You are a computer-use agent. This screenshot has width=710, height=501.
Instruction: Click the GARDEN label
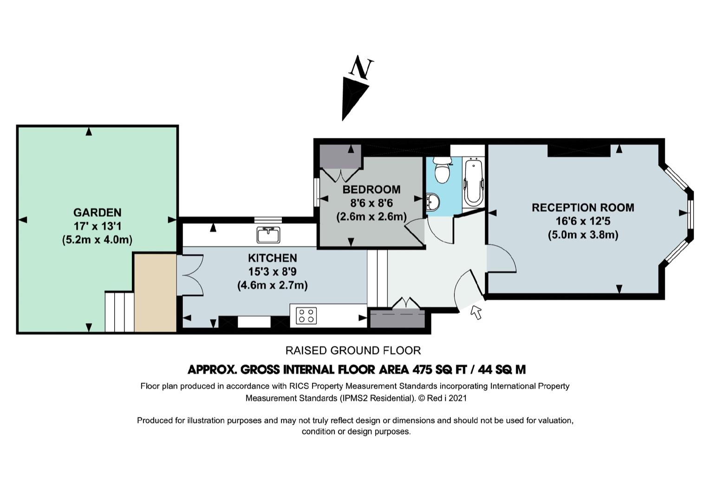tap(98, 212)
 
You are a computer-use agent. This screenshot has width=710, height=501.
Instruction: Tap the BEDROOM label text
tap(371, 189)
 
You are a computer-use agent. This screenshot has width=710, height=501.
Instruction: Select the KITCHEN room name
tap(273, 258)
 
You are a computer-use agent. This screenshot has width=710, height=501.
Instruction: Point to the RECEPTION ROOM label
tap(583, 207)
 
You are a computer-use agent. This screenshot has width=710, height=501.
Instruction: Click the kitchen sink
tap(268, 235)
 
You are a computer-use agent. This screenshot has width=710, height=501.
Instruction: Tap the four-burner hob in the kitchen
tap(306, 315)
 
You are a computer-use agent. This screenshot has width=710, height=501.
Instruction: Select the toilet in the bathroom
tap(441, 170)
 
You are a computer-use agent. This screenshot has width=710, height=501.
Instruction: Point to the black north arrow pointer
tap(354, 98)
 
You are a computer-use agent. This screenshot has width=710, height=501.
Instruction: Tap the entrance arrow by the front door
tap(476, 312)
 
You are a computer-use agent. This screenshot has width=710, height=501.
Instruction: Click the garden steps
tap(119, 312)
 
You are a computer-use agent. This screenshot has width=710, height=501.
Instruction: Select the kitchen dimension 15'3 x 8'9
tap(273, 272)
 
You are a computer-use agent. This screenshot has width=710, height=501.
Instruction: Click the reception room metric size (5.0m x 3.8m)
tap(583, 235)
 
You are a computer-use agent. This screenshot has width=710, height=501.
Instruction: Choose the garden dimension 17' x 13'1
tap(98, 226)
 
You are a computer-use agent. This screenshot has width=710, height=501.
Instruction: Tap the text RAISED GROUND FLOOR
tap(353, 351)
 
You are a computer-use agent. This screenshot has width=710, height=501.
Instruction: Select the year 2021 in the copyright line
tap(457, 398)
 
